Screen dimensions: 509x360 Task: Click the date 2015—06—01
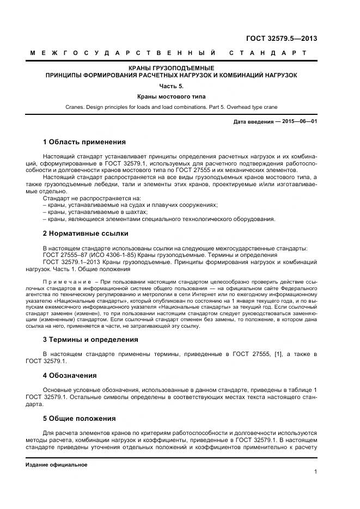click(x=300, y=121)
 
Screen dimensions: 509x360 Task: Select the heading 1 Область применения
click(x=84, y=142)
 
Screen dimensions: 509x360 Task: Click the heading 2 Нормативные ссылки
click(x=86, y=234)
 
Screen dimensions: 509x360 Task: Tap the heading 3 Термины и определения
click(x=90, y=339)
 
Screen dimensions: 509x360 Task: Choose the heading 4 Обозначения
click(x=70, y=375)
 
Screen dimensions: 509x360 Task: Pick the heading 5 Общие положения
click(x=79, y=419)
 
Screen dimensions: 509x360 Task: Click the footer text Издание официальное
click(x=56, y=465)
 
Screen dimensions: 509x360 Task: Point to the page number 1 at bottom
click(x=315, y=472)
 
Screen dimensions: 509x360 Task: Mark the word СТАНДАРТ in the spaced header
click(x=268, y=53)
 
